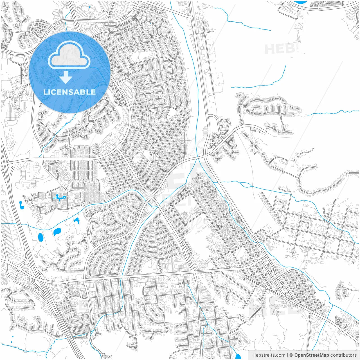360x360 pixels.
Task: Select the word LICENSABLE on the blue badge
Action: [69, 92]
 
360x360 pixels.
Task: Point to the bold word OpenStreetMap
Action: [312, 355]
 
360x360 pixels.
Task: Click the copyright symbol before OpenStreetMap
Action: [291, 355]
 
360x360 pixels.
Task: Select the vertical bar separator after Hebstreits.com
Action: [287, 355]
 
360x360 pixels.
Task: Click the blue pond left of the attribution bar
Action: [238, 356]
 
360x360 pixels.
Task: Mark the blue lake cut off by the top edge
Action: [300, 2]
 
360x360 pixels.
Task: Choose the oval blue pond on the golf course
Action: [40, 238]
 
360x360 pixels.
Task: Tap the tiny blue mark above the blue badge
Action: [89, 7]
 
